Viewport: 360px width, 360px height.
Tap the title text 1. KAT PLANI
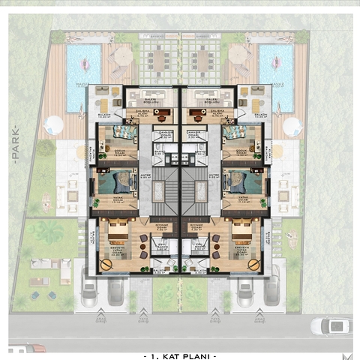pyautogui.click(x=179, y=354)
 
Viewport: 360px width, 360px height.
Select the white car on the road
pyautogui.click(x=329, y=326)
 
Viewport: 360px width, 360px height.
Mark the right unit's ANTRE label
pyautogui.click(x=213, y=178)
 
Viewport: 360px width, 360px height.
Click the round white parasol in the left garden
pyautogui.click(x=53, y=124)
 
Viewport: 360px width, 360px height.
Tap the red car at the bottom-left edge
pyautogui.click(x=26, y=349)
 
